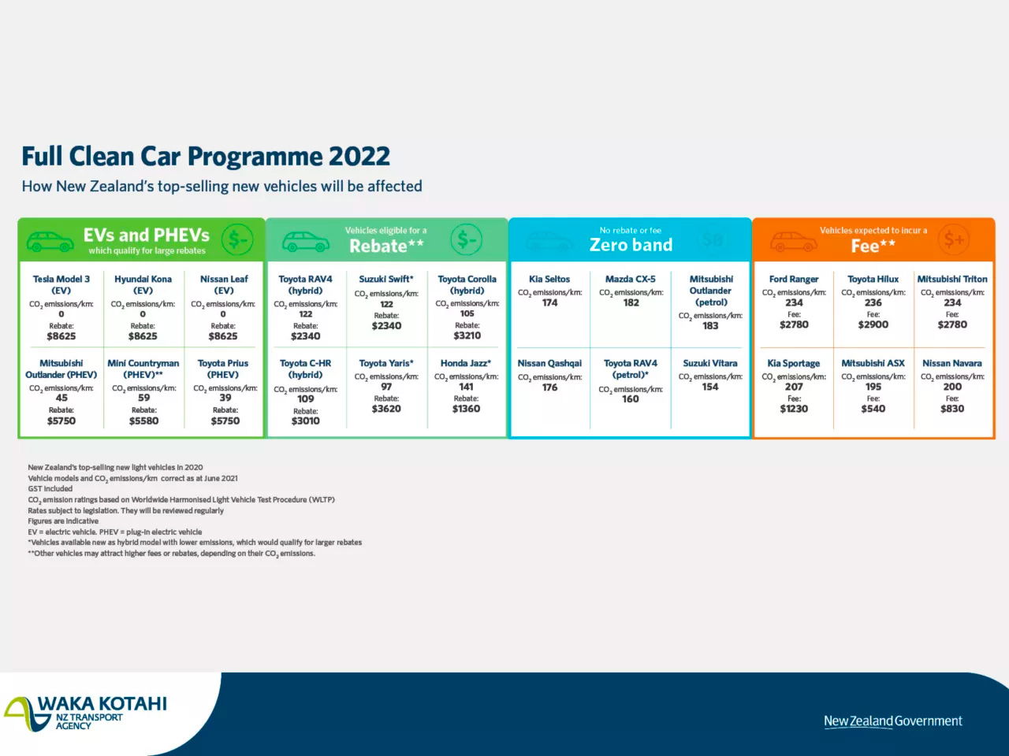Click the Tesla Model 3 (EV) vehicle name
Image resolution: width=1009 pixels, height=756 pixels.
61,284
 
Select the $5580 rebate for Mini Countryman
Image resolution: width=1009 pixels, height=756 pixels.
143,421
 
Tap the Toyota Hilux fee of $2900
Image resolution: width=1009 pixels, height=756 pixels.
873,324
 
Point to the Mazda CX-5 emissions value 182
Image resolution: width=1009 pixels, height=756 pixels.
631,302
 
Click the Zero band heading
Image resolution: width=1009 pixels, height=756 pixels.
631,245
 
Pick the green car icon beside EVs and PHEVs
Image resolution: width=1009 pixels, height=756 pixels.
50,240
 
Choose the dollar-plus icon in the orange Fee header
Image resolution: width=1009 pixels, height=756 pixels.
954,239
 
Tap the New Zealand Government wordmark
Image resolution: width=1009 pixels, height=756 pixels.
892,721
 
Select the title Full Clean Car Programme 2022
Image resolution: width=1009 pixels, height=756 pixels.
206,156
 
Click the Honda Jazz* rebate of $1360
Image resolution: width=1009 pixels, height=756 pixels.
466,409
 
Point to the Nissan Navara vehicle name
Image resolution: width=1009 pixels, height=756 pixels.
951,363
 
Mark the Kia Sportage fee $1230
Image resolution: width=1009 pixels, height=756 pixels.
794,409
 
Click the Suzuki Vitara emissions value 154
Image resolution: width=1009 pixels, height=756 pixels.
709,387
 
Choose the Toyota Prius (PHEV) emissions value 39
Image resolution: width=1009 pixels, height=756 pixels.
225,398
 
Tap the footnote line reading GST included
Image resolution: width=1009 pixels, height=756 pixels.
50,489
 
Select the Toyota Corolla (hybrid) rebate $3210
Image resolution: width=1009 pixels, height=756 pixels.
467,335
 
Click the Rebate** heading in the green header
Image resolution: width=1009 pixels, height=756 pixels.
386,246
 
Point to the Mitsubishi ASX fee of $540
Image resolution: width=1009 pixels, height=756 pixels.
873,409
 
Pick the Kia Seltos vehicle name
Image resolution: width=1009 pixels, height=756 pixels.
549,279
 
